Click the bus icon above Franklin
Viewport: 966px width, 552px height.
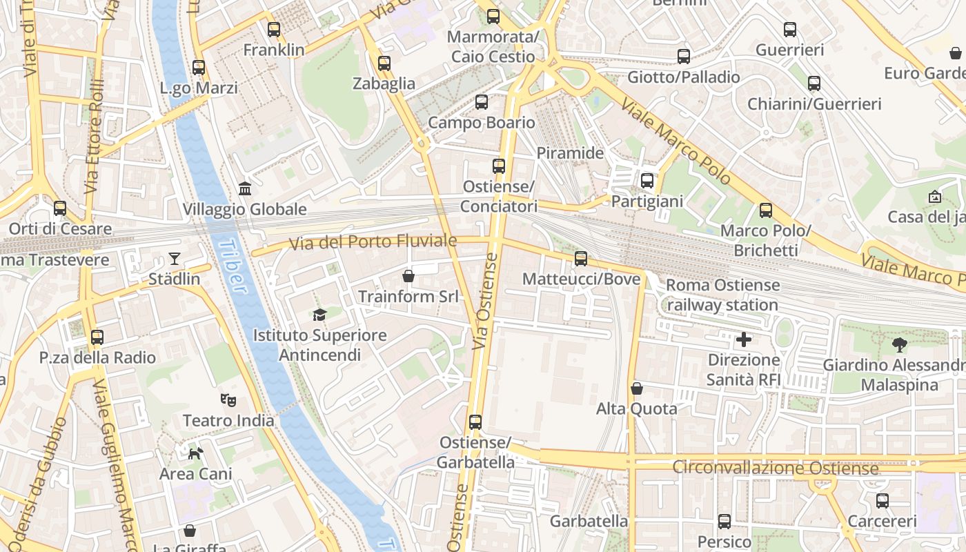point(274,30)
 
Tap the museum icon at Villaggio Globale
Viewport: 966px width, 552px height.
point(245,188)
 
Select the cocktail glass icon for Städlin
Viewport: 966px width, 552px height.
point(174,259)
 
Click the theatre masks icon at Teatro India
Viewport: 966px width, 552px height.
point(228,400)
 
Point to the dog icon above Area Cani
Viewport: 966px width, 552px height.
point(196,453)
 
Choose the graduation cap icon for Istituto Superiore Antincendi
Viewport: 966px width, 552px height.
point(319,315)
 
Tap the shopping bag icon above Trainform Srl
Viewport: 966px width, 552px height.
point(408,276)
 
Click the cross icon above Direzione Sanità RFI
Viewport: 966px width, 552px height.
point(744,339)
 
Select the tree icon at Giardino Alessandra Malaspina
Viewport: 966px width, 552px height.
point(899,344)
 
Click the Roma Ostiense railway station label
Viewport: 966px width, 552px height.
point(722,295)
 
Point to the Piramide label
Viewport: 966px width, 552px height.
point(570,153)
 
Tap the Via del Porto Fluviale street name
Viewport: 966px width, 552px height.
point(373,242)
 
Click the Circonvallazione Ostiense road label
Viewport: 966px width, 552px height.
point(776,469)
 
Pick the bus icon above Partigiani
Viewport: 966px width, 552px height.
point(647,181)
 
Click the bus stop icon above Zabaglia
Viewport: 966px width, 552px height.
point(384,63)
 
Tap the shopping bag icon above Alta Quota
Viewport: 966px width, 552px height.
point(637,388)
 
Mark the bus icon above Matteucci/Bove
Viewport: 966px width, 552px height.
point(581,259)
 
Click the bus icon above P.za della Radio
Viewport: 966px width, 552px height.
point(97,337)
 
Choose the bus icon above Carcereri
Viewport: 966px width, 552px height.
point(883,501)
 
